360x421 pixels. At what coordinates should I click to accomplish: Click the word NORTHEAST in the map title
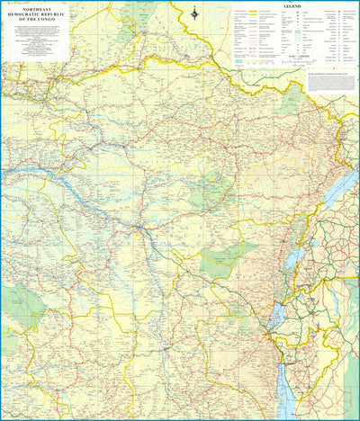coord(36,7)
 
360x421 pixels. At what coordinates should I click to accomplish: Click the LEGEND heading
coord(292,6)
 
